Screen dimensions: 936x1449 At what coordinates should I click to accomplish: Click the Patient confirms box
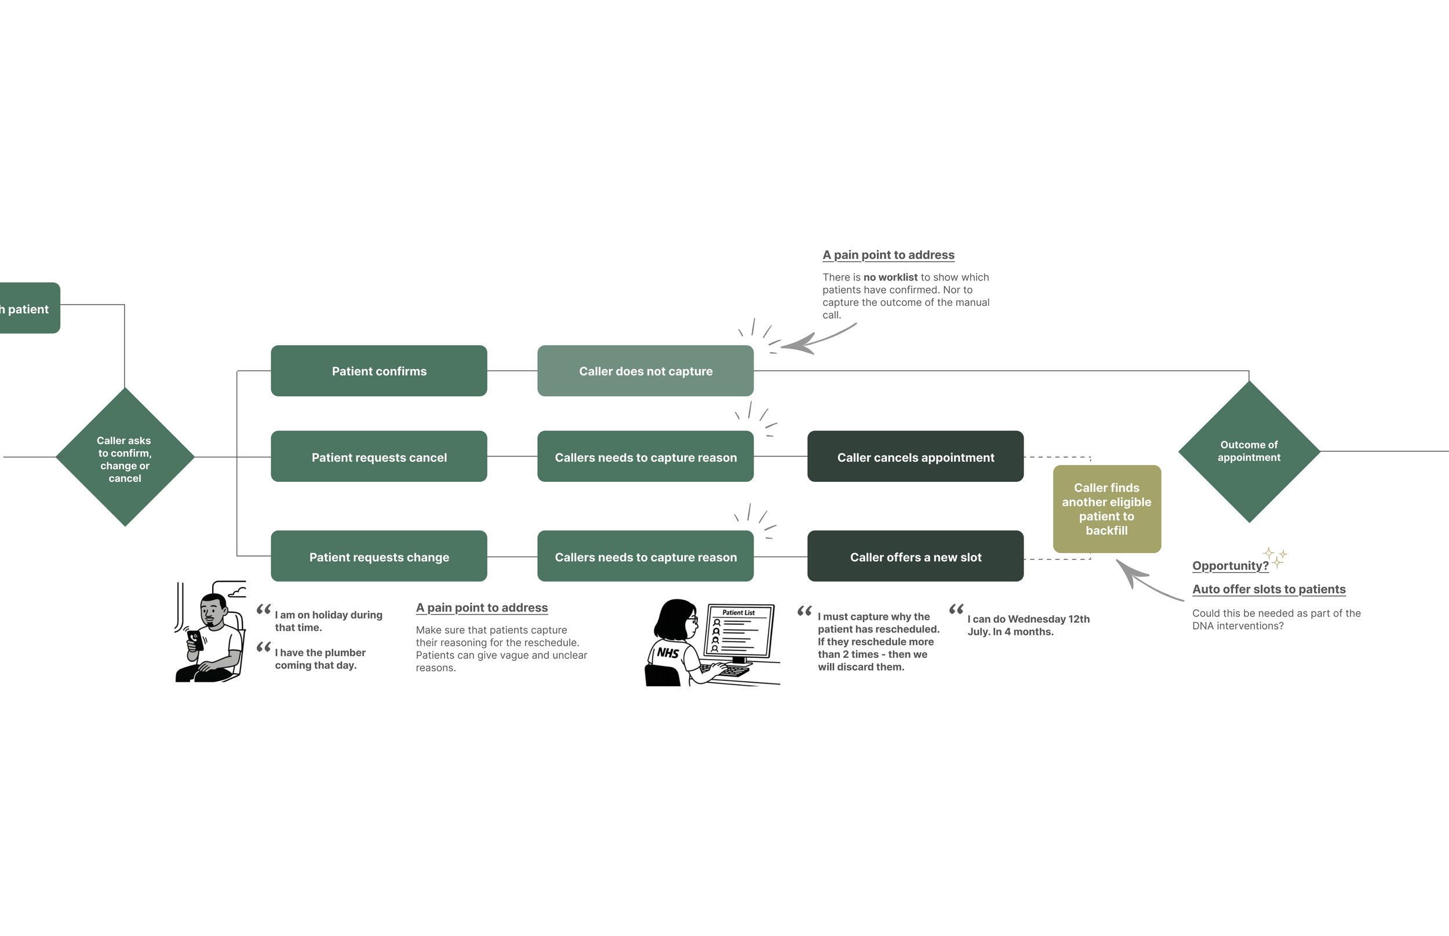[x=379, y=371]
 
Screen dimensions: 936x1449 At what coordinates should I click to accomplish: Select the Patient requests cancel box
[x=379, y=456]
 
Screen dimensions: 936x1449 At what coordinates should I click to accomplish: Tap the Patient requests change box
[x=379, y=556]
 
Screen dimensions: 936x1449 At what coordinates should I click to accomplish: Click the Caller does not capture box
[x=645, y=371]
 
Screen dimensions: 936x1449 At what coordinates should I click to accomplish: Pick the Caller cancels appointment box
[x=915, y=456]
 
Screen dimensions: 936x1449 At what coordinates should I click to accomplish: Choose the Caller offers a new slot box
[x=915, y=556]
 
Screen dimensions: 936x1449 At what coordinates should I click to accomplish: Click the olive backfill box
[x=1106, y=509]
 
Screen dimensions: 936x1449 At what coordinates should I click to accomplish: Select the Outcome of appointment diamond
[x=1249, y=452]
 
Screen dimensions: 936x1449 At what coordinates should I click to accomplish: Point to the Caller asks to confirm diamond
[x=125, y=457]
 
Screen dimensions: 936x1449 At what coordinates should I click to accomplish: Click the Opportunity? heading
[x=1230, y=566]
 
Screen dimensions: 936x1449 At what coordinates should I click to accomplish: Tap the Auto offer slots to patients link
[x=1268, y=589]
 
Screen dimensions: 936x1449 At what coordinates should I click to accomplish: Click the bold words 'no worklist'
[x=890, y=277]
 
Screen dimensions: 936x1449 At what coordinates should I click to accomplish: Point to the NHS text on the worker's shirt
[x=668, y=653]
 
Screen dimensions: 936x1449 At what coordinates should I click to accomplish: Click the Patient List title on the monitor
[x=738, y=613]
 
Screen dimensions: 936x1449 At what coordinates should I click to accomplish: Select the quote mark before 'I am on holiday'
[x=263, y=609]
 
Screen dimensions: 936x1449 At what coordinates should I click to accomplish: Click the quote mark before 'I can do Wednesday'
[x=956, y=609]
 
